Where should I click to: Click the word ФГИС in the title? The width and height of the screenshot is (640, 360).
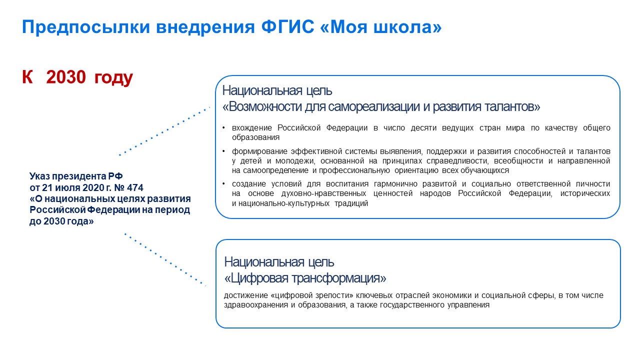pos(287,27)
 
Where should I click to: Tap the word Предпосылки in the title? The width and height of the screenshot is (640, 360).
pos(85,27)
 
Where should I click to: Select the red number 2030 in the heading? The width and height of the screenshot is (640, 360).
pos(66,77)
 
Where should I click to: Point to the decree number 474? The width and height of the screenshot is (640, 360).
pos(135,187)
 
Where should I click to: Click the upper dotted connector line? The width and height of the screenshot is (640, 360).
pos(164,131)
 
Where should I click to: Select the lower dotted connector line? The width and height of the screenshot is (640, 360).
pos(165,259)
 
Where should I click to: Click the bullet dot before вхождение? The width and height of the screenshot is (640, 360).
pos(223,127)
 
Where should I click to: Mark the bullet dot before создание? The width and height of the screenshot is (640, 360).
pos(223,183)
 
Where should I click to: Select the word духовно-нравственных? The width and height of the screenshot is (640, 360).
pos(323,193)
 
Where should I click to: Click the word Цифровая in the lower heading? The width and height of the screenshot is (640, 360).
pos(256,278)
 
